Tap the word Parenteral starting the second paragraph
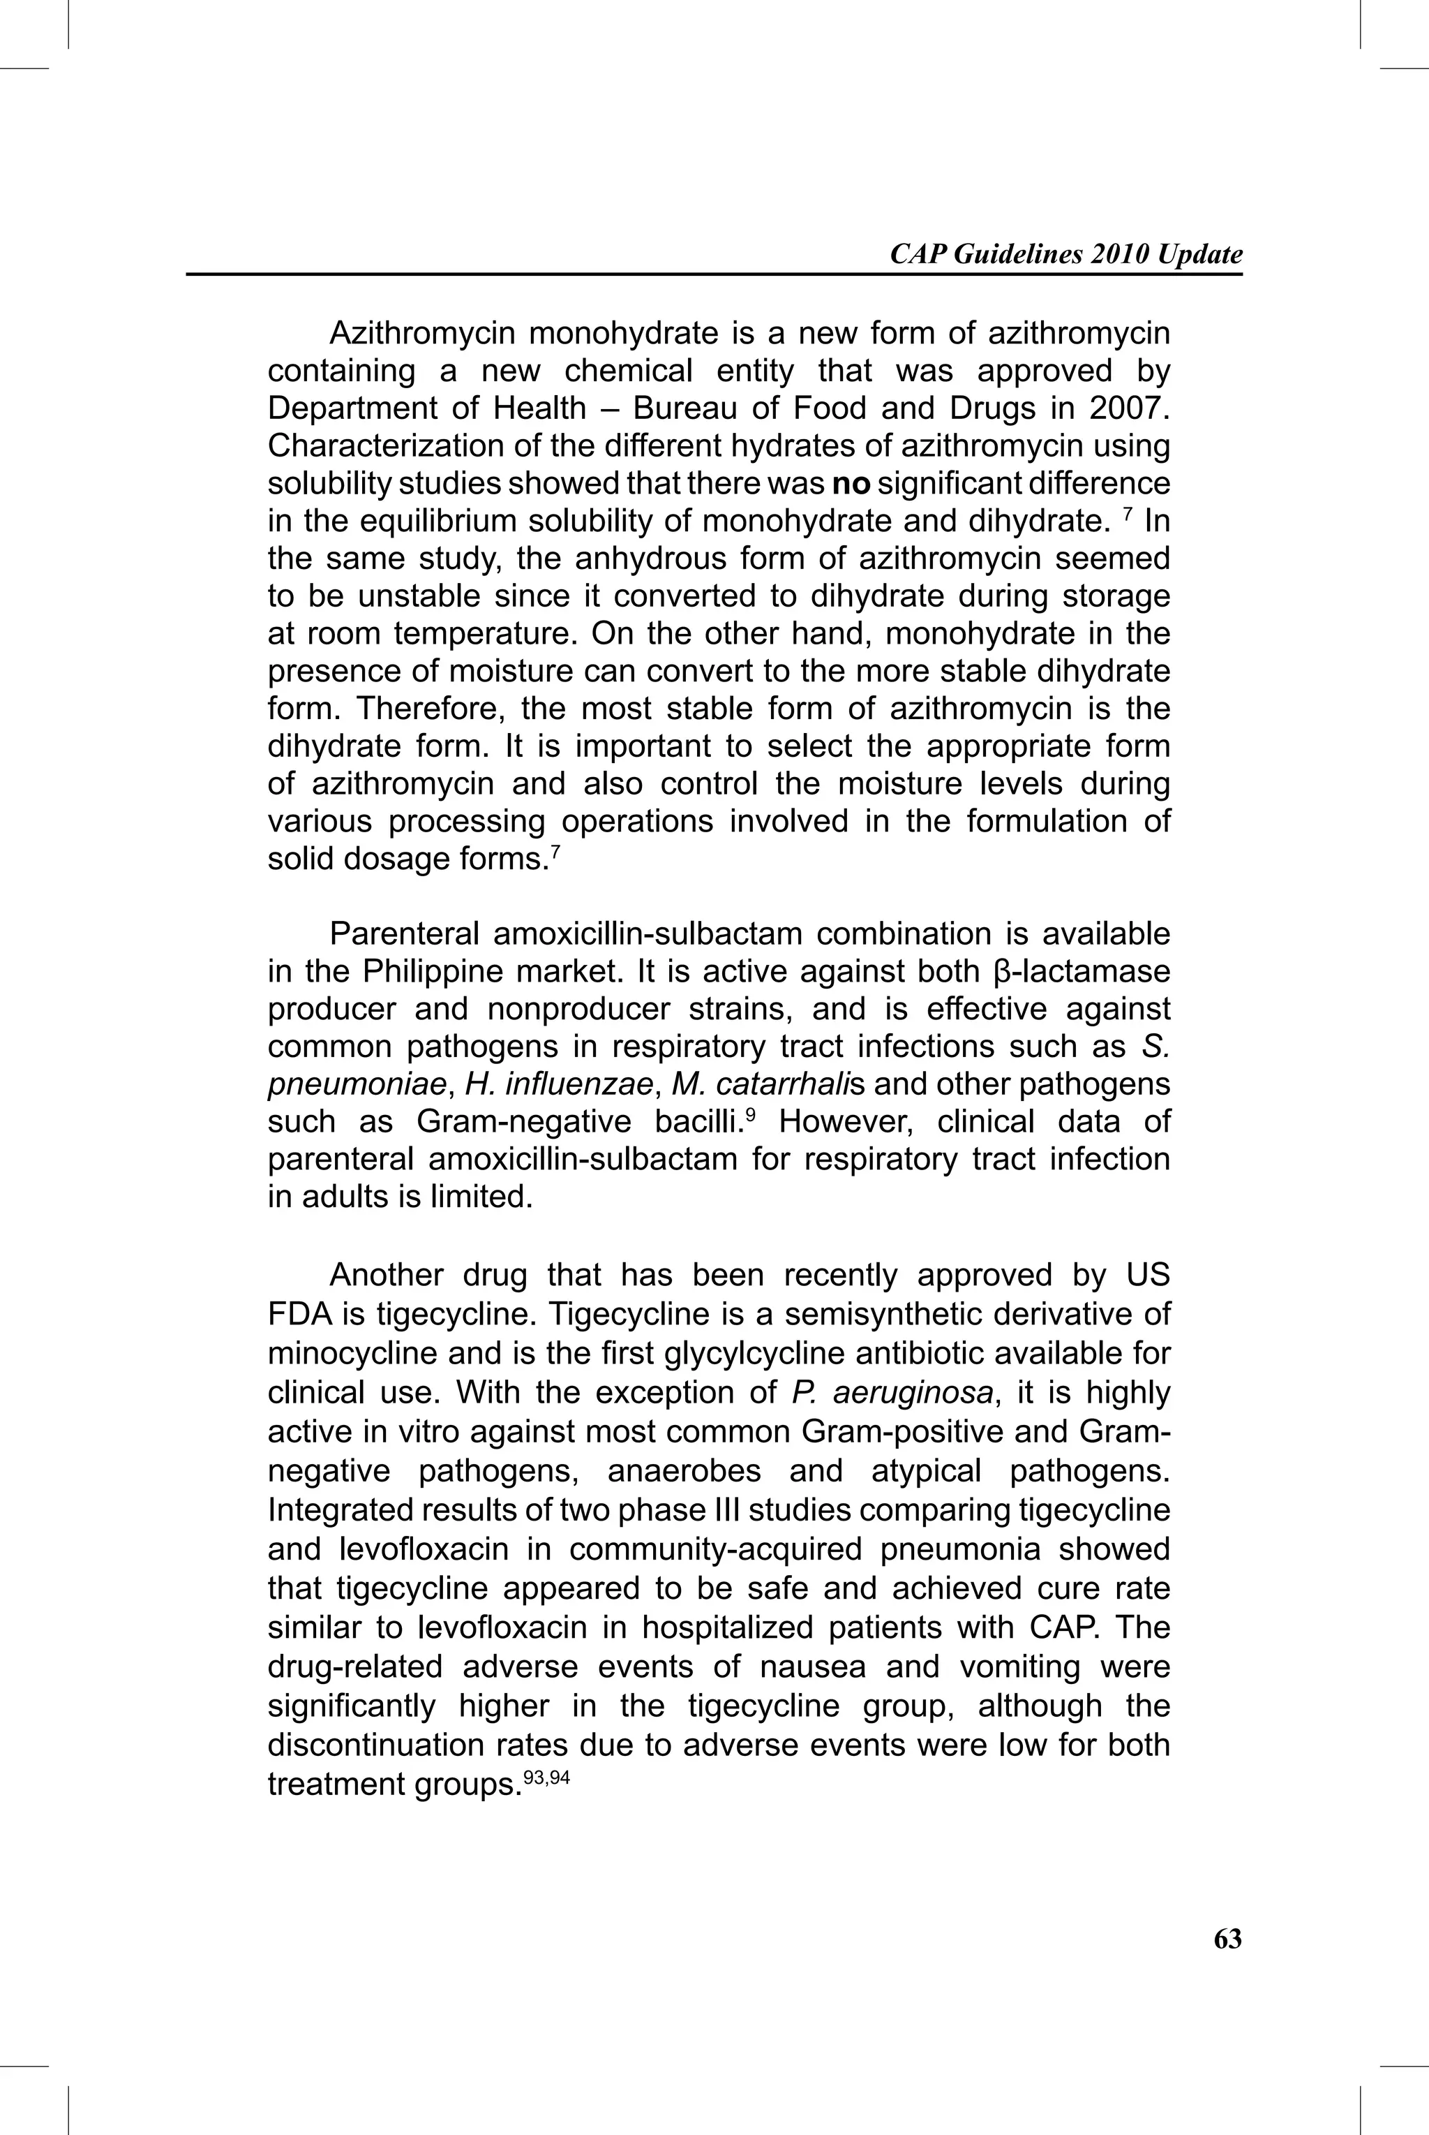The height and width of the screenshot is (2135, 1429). tap(409, 934)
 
